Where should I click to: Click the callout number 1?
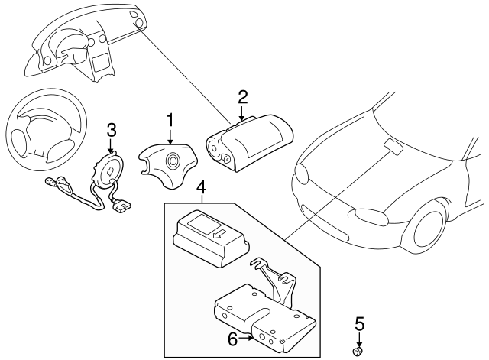point(170,119)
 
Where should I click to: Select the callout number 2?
point(242,96)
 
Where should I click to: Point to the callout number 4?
point(201,186)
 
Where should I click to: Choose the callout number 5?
point(360,324)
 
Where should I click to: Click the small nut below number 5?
point(356,351)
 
